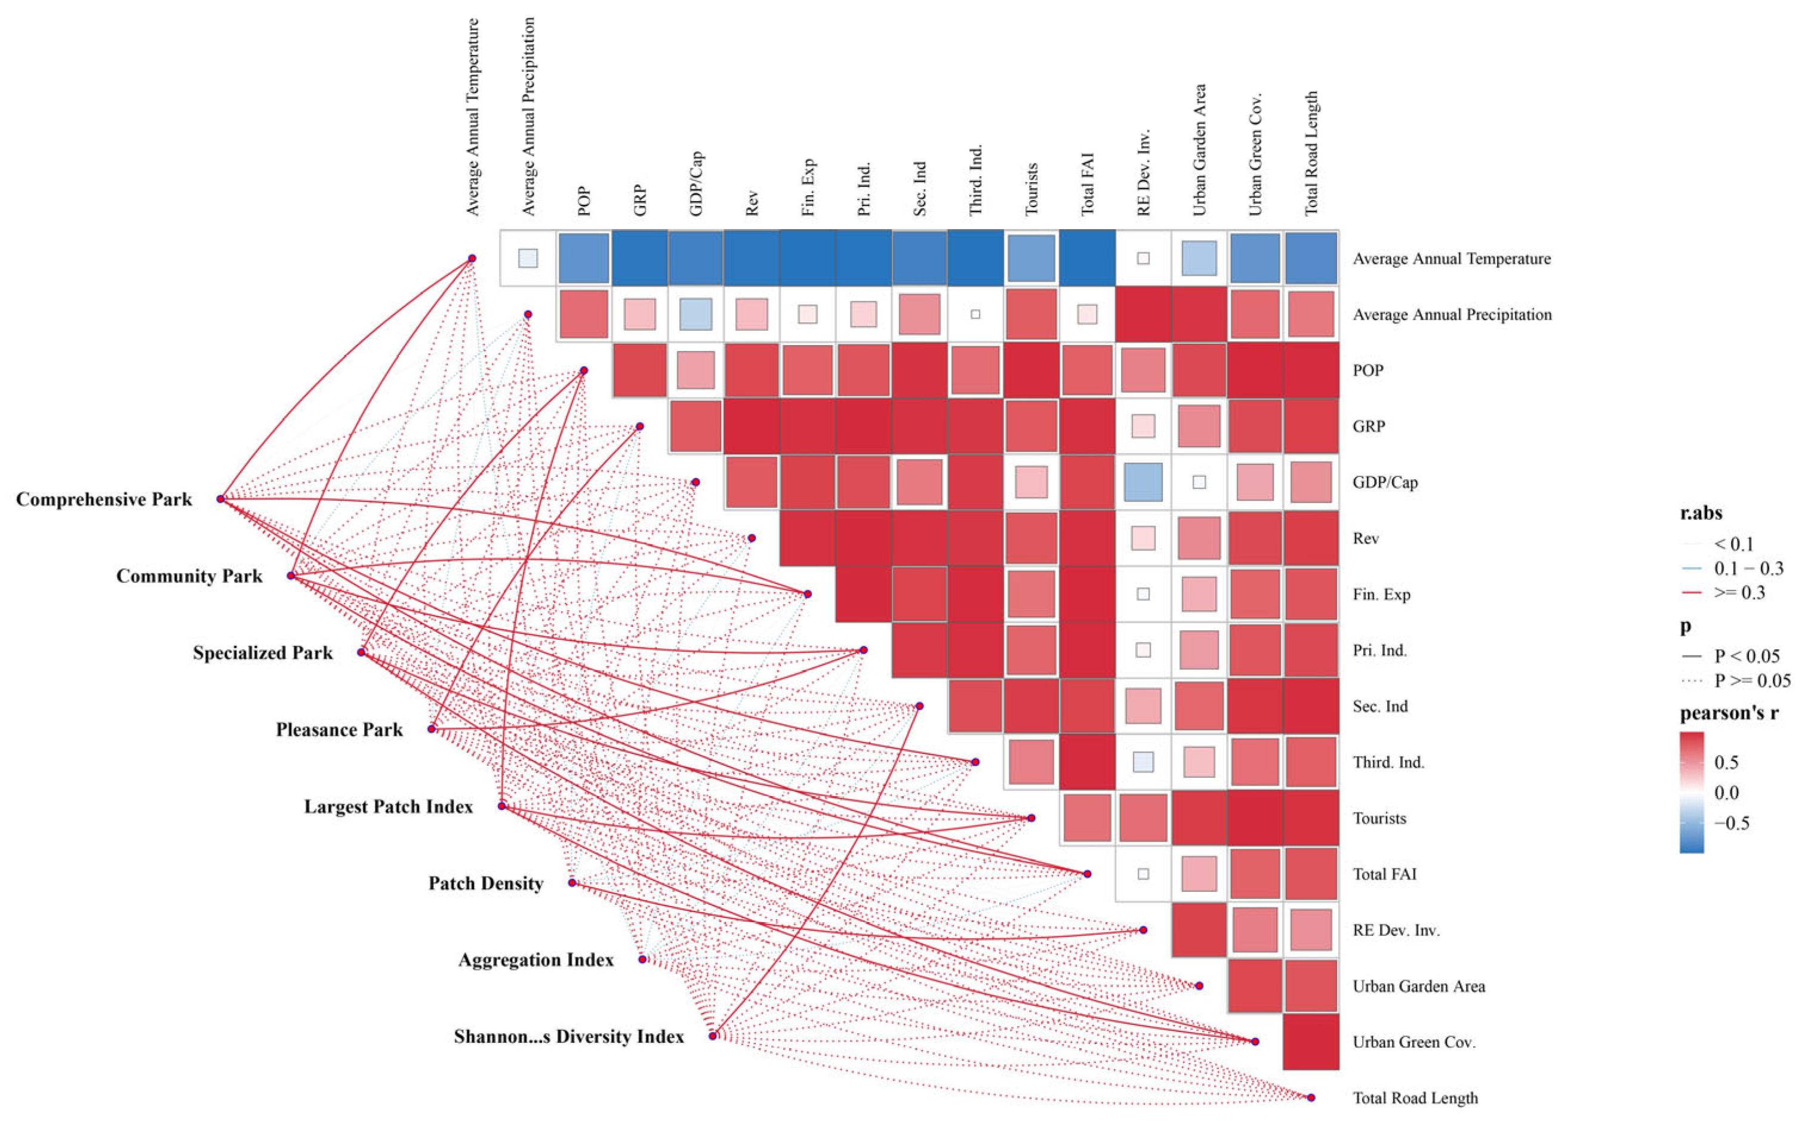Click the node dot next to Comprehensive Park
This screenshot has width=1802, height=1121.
tap(220, 499)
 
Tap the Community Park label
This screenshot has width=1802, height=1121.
tap(189, 576)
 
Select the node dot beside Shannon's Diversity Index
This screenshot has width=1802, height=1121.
tap(712, 1036)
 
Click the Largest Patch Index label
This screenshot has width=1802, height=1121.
tap(389, 806)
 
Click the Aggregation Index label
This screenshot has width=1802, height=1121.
tap(536, 960)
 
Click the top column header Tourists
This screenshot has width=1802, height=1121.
tap(1031, 189)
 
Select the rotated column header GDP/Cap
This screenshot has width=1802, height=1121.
tap(696, 184)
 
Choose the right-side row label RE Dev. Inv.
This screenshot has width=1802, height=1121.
tap(1396, 931)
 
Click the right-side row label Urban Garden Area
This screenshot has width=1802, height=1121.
tap(1419, 986)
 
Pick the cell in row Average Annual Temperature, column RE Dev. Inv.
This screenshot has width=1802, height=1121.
tap(1143, 258)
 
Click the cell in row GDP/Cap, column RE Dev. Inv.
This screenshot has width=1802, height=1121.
tap(1143, 482)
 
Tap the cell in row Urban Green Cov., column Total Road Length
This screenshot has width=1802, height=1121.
tap(1311, 1042)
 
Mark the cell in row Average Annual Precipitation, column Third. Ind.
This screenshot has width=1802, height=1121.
tap(975, 315)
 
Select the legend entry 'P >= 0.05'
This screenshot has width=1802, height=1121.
tap(1735, 680)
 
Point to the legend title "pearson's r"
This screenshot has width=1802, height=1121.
tap(1729, 713)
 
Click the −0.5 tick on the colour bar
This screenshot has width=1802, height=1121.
tap(1732, 824)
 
